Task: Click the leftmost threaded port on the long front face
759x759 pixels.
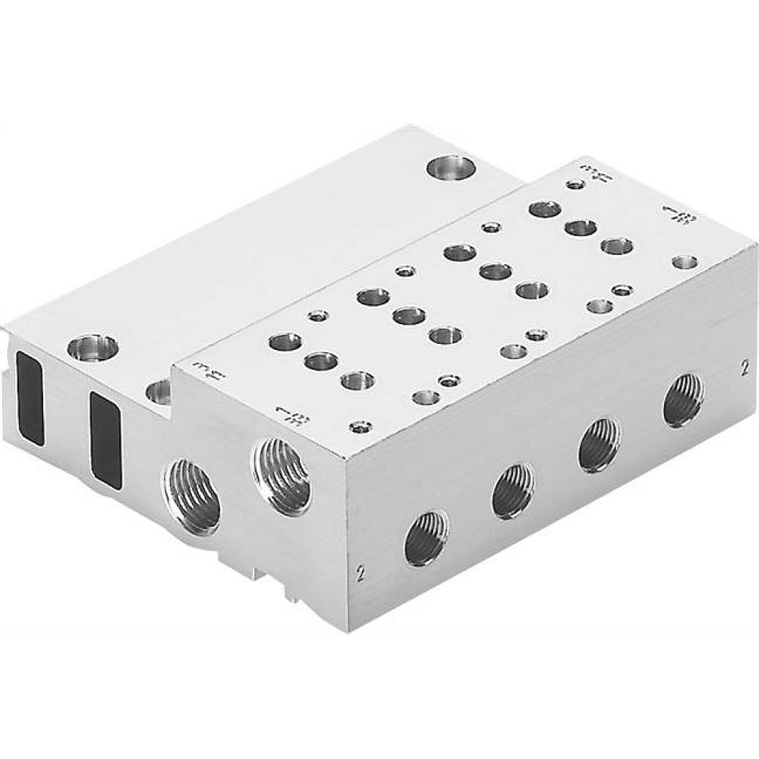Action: [426, 538]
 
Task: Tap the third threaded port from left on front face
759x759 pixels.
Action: [599, 445]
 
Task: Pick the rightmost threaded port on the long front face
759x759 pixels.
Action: [682, 400]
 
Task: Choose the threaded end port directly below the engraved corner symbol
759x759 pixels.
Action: [280, 475]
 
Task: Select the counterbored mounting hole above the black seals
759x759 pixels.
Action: [93, 348]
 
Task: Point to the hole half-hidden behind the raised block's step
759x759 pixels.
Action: [159, 392]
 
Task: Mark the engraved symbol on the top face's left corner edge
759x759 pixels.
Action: [201, 370]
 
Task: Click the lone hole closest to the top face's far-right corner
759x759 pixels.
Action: [685, 263]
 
